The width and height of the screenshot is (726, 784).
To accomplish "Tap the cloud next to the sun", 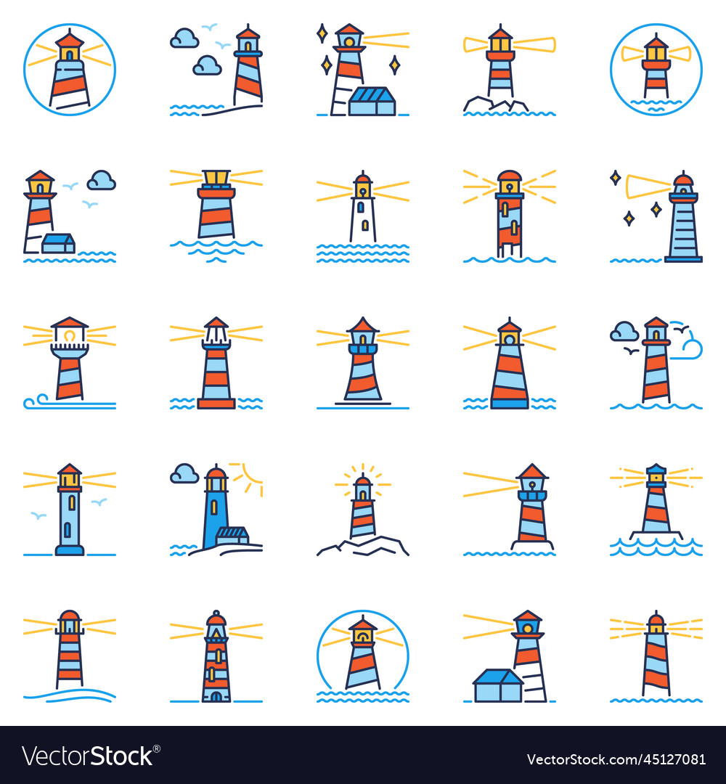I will (184, 474).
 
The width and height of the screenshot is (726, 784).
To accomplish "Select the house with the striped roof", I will (233, 536).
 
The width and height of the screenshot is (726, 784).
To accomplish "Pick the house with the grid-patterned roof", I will (372, 101).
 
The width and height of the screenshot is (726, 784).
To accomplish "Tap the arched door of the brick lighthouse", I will (216, 695).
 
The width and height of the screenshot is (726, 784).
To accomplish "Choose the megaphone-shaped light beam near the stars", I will (648, 187).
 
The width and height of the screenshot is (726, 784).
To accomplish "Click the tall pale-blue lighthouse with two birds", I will (70, 512).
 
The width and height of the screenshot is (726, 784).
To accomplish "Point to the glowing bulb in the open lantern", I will (69, 337).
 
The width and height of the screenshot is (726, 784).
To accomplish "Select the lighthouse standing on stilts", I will (509, 218).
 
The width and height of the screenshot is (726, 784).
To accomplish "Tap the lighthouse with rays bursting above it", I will (362, 508).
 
